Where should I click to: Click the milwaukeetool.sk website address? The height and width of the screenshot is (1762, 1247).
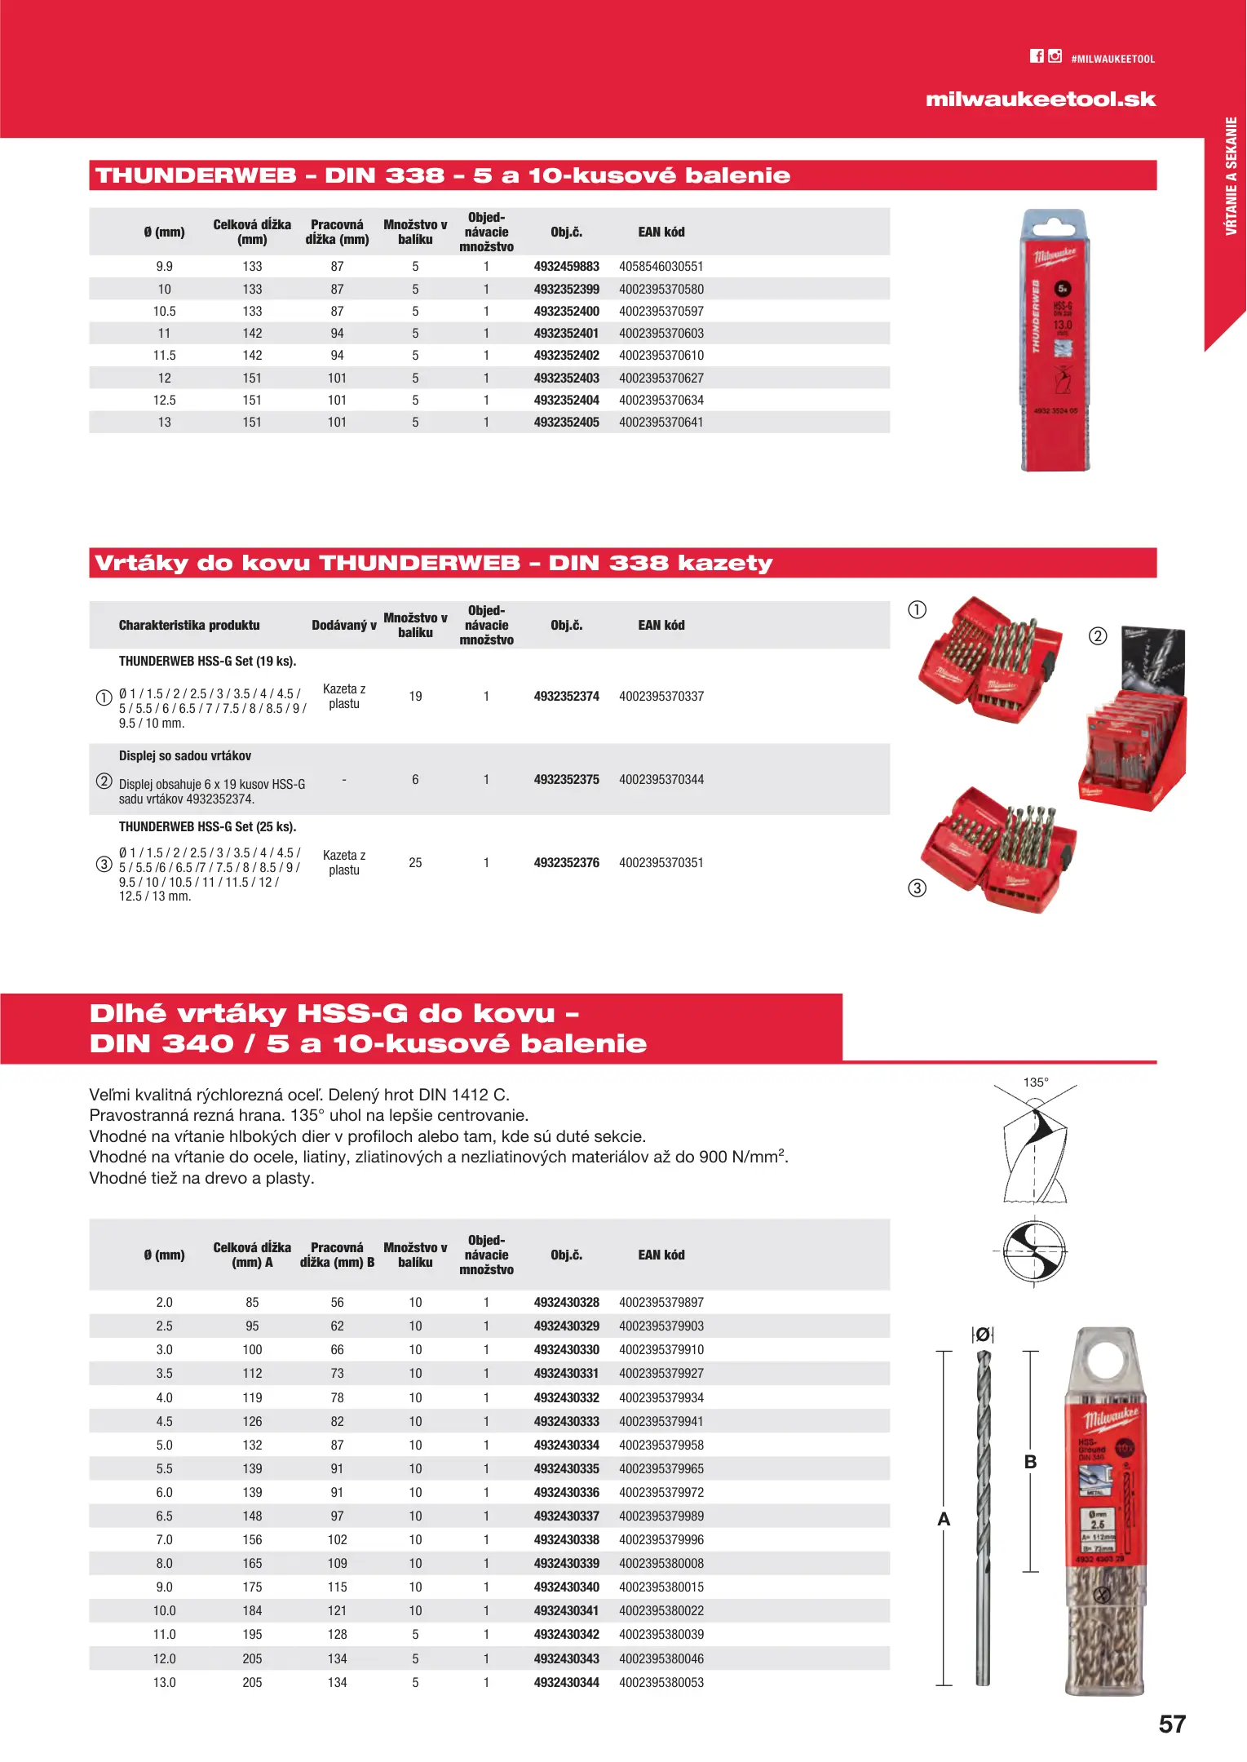coord(1041,100)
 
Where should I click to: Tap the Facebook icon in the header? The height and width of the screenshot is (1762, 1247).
coord(1037,56)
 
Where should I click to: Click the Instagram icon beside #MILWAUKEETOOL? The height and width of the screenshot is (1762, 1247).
coord(1055,56)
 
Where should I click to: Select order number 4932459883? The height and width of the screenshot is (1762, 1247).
coord(566,267)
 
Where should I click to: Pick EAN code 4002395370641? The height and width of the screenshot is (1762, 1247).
coord(661,423)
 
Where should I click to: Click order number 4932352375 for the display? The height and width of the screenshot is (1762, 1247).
coord(566,780)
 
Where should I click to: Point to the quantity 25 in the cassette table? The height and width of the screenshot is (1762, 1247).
coord(415,863)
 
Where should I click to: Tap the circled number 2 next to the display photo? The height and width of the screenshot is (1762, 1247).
coord(1098,636)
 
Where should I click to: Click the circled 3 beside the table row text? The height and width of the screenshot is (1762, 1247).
coord(104,864)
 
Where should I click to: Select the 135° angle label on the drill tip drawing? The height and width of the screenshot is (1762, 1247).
coord(1036,1082)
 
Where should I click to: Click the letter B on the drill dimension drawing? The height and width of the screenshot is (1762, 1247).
coord(1030,1462)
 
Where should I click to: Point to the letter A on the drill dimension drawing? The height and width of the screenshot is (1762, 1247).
coord(944,1519)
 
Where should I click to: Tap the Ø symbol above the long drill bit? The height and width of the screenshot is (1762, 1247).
coord(984,1335)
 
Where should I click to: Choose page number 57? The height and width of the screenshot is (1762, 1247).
coord(1172,1724)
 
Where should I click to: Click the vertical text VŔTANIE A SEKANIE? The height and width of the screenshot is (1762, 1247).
coord(1231,176)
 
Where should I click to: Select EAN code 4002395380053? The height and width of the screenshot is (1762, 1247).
coord(661,1682)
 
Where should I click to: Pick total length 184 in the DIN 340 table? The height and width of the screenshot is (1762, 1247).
coord(252,1611)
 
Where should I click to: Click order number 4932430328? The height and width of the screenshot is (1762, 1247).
coord(566,1303)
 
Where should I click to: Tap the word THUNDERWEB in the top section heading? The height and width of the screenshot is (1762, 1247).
coord(196,175)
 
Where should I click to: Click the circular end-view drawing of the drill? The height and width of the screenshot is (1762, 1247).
coord(1034,1251)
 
